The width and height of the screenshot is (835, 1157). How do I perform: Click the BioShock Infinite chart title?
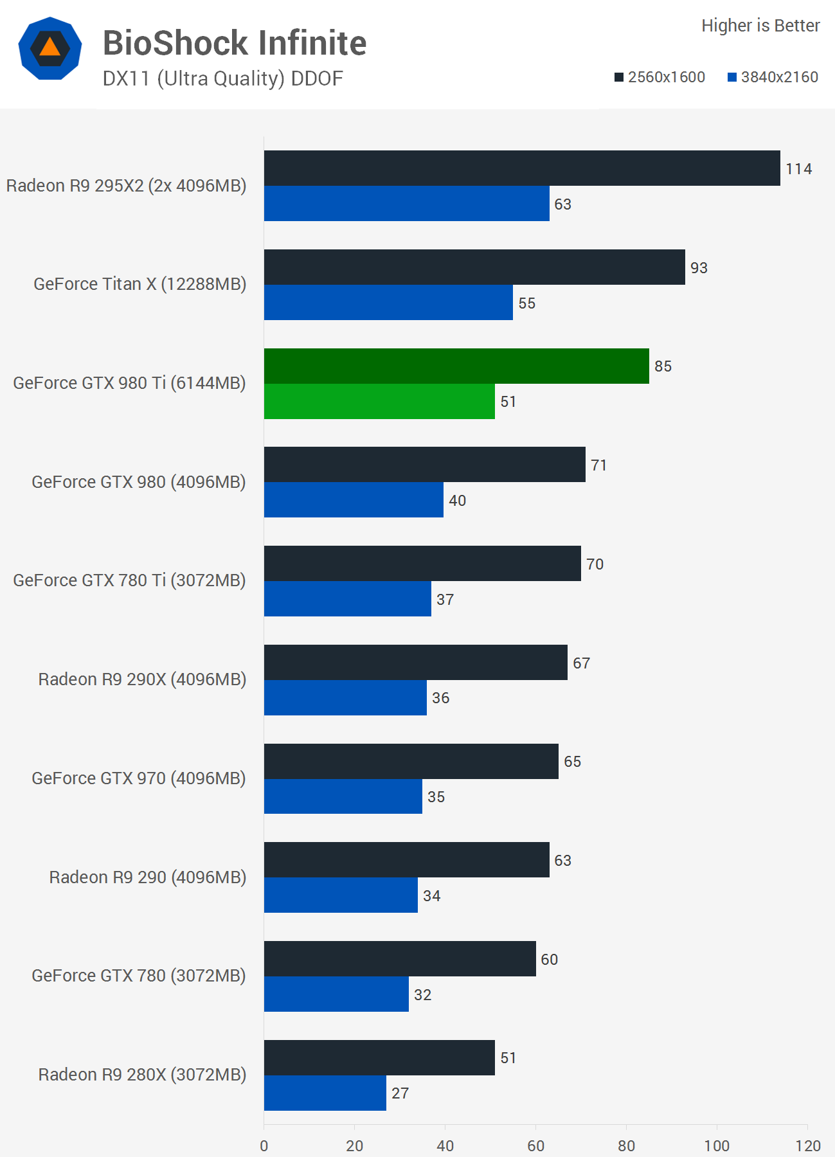235,44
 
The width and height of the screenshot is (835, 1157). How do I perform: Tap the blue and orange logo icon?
50,48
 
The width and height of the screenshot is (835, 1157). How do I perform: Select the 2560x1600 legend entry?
660,77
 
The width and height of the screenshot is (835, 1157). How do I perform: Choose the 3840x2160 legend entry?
773,77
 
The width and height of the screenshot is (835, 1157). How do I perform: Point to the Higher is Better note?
760,26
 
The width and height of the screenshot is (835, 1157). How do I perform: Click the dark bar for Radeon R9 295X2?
522,168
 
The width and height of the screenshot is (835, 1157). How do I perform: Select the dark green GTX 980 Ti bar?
456,366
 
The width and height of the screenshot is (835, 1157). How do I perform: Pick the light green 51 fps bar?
379,401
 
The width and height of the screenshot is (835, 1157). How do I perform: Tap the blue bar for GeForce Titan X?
388,302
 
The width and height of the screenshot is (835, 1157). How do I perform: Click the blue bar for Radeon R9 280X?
325,1093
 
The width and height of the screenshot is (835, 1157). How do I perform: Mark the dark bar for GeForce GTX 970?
411,761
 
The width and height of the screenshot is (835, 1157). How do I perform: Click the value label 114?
798,169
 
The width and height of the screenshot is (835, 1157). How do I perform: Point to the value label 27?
400,1093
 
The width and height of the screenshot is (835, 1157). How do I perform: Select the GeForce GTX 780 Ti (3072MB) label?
129,580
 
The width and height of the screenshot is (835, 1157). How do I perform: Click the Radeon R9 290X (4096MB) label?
142,679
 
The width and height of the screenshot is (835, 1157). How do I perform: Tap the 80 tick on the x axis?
626,1145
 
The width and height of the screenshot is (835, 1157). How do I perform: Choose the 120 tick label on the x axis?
807,1145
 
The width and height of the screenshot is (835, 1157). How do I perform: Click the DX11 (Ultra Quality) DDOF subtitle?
222,78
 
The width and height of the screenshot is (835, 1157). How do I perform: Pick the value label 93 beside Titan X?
699,268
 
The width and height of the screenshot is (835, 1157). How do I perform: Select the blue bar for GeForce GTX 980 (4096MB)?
354,499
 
